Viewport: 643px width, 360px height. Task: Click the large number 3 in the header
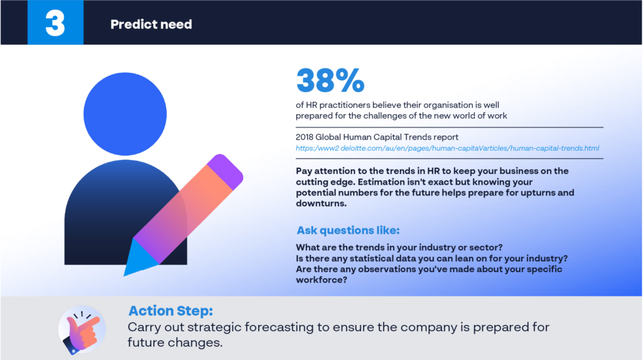tap(55, 23)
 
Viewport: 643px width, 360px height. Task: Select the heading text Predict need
tap(151, 25)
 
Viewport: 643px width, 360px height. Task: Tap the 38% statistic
tap(330, 80)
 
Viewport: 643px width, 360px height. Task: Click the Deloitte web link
tap(447, 148)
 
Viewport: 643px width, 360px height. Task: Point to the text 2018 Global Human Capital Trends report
tap(377, 137)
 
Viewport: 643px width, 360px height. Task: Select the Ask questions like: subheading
tap(348, 231)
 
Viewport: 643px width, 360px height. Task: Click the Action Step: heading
tap(171, 311)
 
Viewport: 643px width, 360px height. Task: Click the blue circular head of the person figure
tap(125, 114)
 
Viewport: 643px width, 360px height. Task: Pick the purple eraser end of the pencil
tap(225, 171)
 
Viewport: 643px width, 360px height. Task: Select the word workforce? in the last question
tap(321, 280)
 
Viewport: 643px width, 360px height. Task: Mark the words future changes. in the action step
tap(175, 342)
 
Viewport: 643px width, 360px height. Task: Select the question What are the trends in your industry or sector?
tap(399, 248)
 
